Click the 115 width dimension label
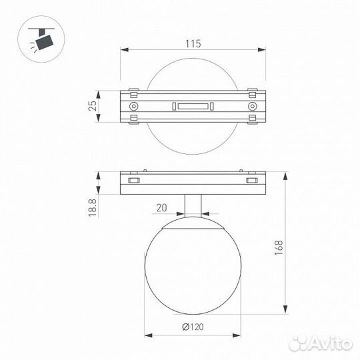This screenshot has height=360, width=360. tap(193, 43)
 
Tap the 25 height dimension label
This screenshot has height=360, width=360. tap(93, 106)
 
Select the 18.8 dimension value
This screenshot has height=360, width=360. tap(92, 208)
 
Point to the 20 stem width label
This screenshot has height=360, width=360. tap(161, 208)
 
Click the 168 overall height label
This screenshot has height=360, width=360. tap(279, 248)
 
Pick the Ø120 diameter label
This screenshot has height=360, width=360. tap(193, 327)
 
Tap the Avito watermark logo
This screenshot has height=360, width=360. tap(321, 343)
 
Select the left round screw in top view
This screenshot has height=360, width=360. tap(133, 106)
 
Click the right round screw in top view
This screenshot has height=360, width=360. tap(252, 106)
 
